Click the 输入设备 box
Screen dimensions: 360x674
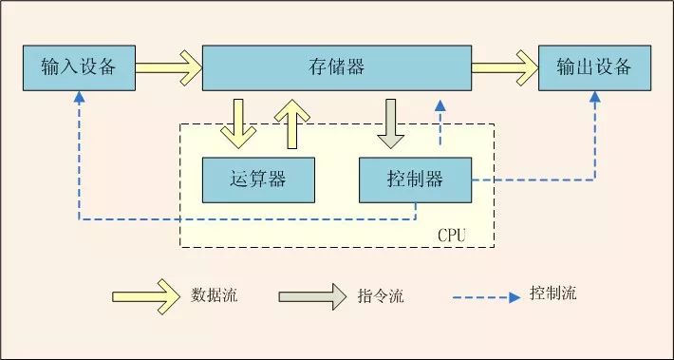click(x=79, y=67)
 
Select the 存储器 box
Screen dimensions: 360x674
click(x=337, y=67)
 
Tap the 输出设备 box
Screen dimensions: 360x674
click(x=594, y=67)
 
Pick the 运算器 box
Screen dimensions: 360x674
click(x=258, y=179)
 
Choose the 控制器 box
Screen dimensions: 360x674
click(x=415, y=179)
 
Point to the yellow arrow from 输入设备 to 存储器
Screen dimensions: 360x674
click(x=169, y=67)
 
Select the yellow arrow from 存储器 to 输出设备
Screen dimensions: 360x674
click(x=504, y=67)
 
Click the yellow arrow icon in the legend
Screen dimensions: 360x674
click(x=145, y=295)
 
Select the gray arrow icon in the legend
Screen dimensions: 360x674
click(x=312, y=295)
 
